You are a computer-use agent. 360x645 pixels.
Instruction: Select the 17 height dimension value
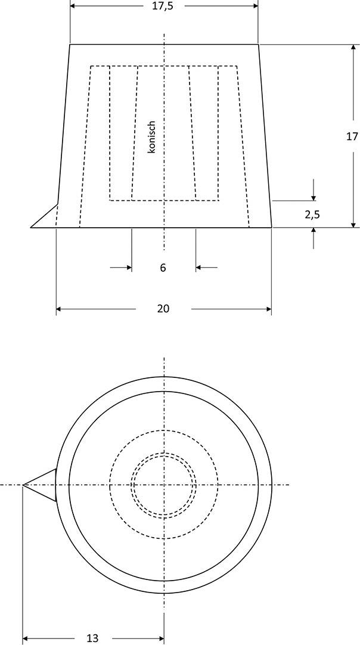point(352,136)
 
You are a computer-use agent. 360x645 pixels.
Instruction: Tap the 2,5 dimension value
point(312,215)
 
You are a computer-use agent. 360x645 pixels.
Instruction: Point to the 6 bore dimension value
point(163,268)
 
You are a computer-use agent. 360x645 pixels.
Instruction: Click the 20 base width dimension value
point(163,309)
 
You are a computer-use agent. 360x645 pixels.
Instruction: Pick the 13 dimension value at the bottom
point(92,638)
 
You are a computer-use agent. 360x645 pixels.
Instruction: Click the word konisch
point(151,138)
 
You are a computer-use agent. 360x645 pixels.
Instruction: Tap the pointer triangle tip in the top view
point(24,485)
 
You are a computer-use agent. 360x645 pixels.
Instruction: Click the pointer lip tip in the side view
point(32,227)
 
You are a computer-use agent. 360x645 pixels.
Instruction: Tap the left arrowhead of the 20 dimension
point(60,309)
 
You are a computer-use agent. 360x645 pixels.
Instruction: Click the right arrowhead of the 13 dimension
point(160,638)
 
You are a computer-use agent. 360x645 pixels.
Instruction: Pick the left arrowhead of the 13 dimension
point(26,638)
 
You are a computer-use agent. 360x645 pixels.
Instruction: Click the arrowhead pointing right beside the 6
point(128,268)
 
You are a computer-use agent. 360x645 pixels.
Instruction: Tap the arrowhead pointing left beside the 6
point(200,268)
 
